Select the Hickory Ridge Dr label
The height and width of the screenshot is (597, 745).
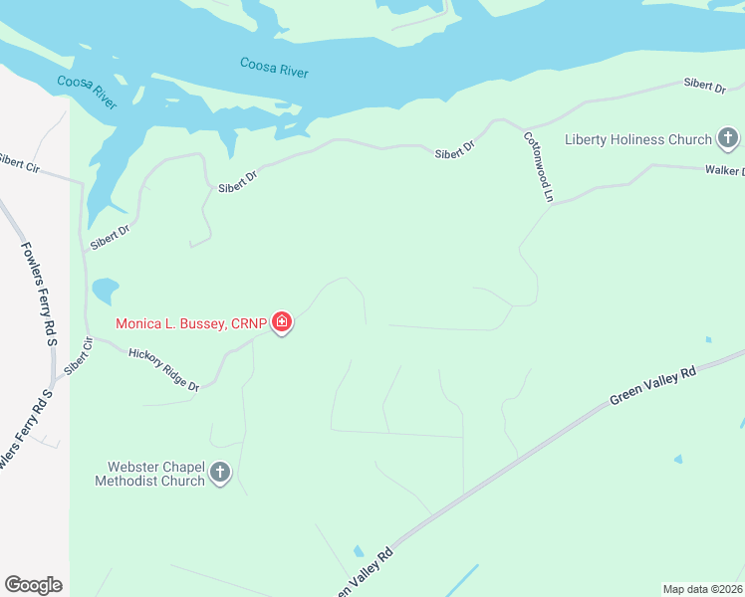coord(164,369)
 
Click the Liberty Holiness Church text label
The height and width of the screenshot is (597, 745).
coord(638,139)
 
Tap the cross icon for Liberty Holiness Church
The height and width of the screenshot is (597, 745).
coord(728,139)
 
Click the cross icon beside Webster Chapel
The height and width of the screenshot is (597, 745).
coord(220,474)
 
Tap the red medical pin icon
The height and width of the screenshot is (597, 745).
coord(282,322)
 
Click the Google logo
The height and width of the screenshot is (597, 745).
coord(33,584)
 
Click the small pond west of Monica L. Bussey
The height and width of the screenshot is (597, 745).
coord(104,291)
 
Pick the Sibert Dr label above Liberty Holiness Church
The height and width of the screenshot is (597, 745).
coord(704,86)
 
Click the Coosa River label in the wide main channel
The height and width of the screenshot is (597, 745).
coord(274,68)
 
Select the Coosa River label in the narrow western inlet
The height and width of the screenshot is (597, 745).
coord(89,89)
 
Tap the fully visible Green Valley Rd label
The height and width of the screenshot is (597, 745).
coord(652,386)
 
